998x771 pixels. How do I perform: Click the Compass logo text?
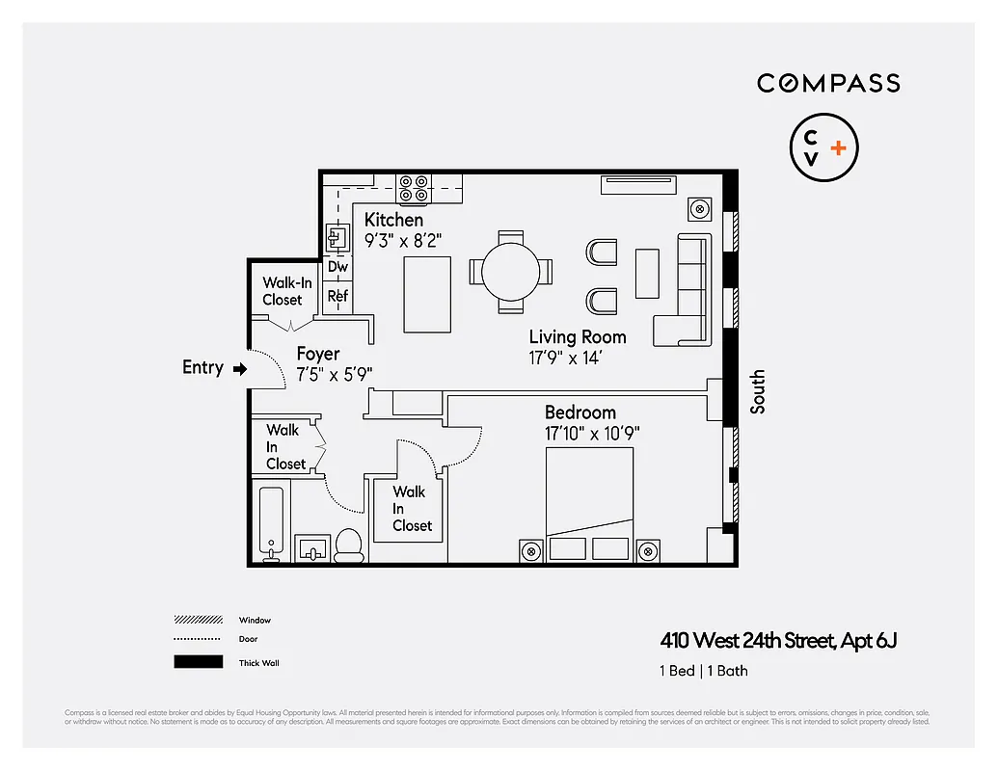coord(828,83)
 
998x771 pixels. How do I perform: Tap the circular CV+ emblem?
coord(823,148)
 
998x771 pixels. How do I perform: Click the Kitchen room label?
coord(393,220)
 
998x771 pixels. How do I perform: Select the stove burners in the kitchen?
coord(416,188)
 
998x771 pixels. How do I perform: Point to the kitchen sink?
coord(337,237)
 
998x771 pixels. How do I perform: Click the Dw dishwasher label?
coord(337,267)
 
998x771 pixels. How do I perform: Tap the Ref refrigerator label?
coord(337,296)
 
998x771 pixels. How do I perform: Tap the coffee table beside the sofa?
coord(647,273)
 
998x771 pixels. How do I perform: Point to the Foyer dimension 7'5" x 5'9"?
coord(334,374)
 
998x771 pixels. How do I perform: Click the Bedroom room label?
coord(580,412)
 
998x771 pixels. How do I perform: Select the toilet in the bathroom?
coord(348,546)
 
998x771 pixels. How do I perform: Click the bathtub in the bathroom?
coord(271,521)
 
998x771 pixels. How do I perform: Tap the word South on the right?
coord(758,391)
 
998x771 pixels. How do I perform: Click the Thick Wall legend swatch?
coord(198,662)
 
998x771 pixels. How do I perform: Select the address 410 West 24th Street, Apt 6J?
coord(778,640)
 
